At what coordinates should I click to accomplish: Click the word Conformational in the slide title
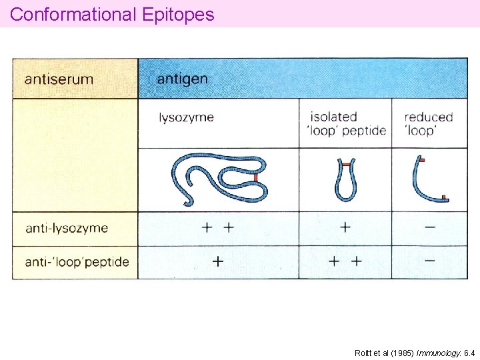73,14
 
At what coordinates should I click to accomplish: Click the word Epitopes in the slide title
178,15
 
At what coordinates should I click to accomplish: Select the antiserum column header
59,79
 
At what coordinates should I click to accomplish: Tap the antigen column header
182,79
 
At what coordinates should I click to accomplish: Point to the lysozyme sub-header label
186,117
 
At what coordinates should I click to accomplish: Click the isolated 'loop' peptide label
348,123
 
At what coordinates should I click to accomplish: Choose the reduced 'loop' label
429,123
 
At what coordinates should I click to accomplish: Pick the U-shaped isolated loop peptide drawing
345,180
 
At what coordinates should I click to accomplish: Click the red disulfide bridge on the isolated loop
345,163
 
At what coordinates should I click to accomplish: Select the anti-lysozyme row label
67,228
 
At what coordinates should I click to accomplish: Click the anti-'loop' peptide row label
77,262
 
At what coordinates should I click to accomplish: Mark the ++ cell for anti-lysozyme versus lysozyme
218,227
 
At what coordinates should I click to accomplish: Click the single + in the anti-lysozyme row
345,227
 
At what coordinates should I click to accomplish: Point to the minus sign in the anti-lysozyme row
429,227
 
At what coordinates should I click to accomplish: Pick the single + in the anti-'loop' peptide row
217,261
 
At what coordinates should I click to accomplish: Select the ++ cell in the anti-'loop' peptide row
345,261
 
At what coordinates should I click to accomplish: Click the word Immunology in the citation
438,352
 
